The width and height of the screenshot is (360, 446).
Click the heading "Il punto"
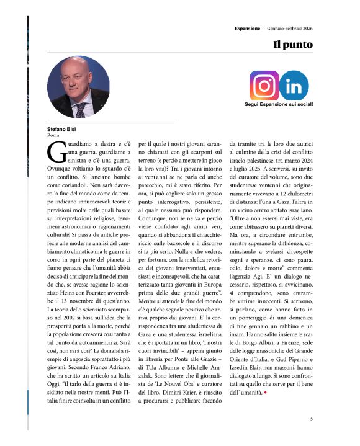pos(293,45)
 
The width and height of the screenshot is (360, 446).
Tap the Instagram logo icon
pos(264,86)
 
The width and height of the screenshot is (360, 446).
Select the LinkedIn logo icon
pos(294,86)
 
